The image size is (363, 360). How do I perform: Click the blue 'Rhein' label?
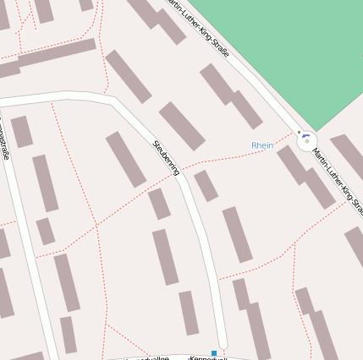tap(262, 145)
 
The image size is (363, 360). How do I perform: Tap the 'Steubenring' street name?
tap(166, 157)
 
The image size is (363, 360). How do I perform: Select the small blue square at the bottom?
tap(215, 352)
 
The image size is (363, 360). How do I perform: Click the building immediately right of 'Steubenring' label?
tap(206, 185)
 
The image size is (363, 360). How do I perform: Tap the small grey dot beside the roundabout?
tap(298, 132)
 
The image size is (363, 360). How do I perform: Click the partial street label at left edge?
tap(4, 144)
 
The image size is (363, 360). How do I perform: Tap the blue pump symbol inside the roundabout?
tap(306, 139)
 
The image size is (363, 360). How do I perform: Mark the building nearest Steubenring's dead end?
tap(188, 313)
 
